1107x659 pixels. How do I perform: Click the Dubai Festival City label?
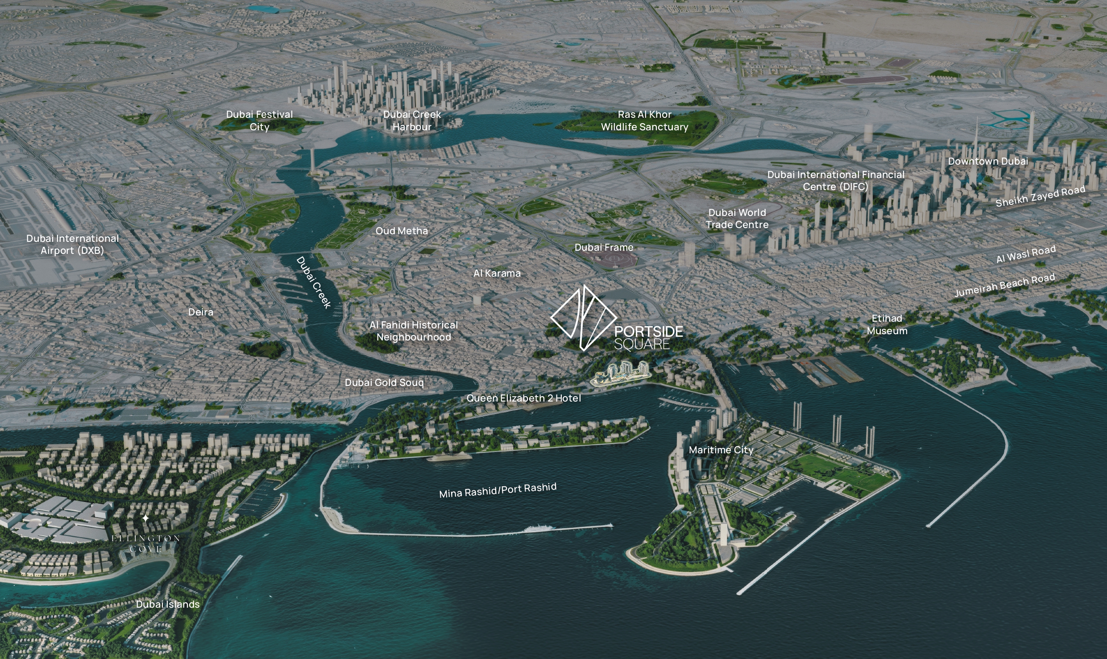coord(259,120)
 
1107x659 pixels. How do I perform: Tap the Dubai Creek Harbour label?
coord(412,120)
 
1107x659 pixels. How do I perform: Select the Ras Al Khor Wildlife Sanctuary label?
coord(644,120)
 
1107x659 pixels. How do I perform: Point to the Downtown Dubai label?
coord(988,161)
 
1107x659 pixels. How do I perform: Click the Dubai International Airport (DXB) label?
coord(72,245)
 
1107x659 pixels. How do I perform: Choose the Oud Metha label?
coord(402,231)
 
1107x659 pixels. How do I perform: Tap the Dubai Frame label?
coord(604,247)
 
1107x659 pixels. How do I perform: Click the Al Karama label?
coord(497,273)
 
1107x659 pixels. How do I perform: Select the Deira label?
coord(201,312)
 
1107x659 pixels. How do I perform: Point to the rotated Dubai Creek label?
coord(314,282)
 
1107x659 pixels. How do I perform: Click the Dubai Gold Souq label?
coord(384,382)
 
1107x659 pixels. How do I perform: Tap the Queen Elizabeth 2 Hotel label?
coord(523,398)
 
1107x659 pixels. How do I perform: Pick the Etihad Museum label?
coord(887,324)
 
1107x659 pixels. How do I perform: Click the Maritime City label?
coord(721,450)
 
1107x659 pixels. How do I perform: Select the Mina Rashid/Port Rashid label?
coord(498,490)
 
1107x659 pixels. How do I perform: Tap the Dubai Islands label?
coord(168,604)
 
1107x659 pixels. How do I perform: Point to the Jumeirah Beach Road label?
coord(1004,286)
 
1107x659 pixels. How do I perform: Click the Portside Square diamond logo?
coord(583,318)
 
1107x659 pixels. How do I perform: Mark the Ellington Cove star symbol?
coord(145,518)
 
